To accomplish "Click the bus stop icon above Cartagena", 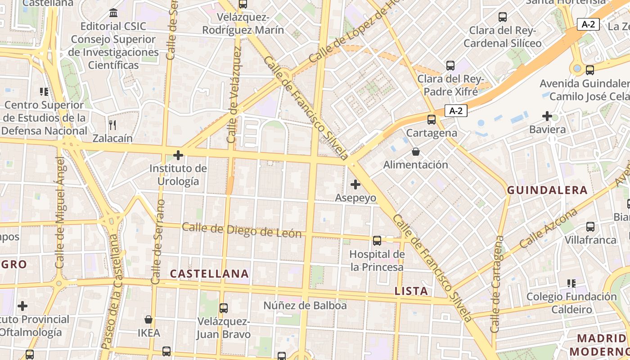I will pyautogui.click(x=432, y=120).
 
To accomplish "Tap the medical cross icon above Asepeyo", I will pyautogui.click(x=355, y=184).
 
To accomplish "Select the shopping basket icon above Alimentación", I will pyautogui.click(x=416, y=152).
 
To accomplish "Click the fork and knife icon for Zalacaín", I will pyautogui.click(x=112, y=125).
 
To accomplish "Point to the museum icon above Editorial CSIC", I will pyautogui.click(x=113, y=13).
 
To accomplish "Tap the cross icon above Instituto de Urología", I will pyautogui.click(x=178, y=155).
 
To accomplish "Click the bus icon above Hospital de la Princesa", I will pyautogui.click(x=377, y=241).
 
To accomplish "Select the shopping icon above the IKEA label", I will pyautogui.click(x=148, y=320).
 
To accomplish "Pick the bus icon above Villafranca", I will pyautogui.click(x=590, y=227).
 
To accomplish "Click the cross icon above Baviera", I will pyautogui.click(x=547, y=117).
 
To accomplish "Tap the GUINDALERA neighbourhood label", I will pyautogui.click(x=547, y=190).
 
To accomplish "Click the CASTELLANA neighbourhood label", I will pyautogui.click(x=209, y=274).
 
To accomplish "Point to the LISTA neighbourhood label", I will pyautogui.click(x=411, y=291).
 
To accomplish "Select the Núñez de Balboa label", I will pyautogui.click(x=305, y=306).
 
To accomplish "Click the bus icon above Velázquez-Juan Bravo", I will pyautogui.click(x=224, y=308).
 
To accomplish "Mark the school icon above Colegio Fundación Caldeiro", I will pyautogui.click(x=571, y=283).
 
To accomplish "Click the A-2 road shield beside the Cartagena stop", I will pyautogui.click(x=456, y=111).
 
